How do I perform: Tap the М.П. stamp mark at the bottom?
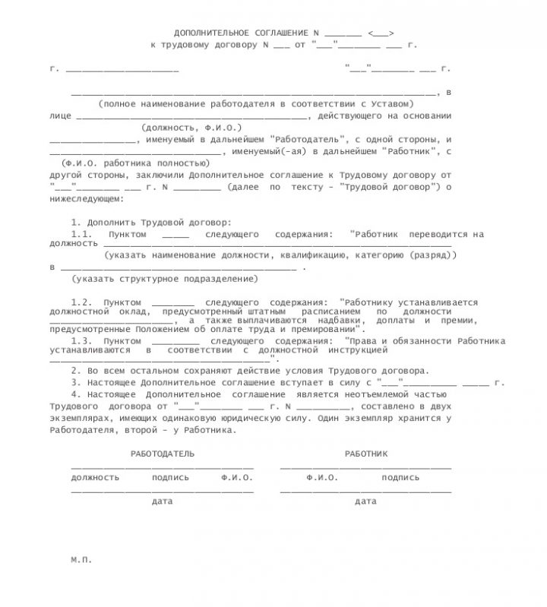tap(81, 558)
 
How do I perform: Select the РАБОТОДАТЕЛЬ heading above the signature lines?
tap(163, 454)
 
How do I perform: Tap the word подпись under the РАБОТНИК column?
tap(400, 478)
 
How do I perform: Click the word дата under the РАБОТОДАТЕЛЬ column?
tap(163, 501)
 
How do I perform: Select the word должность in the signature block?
tap(95, 478)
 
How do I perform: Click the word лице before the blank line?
tap(60, 115)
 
